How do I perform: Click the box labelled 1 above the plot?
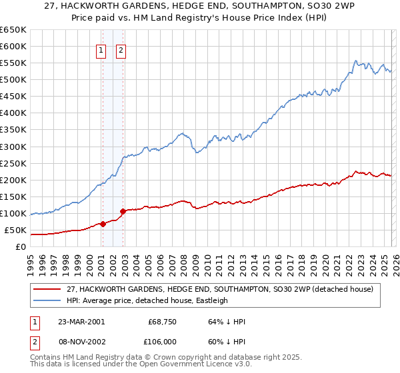(101, 49)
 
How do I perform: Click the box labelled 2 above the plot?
(121, 49)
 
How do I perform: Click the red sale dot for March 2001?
(103, 224)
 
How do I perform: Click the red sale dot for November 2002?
(123, 212)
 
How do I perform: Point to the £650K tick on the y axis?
(13, 30)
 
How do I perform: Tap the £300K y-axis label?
(13, 147)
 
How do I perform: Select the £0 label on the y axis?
(21, 247)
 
